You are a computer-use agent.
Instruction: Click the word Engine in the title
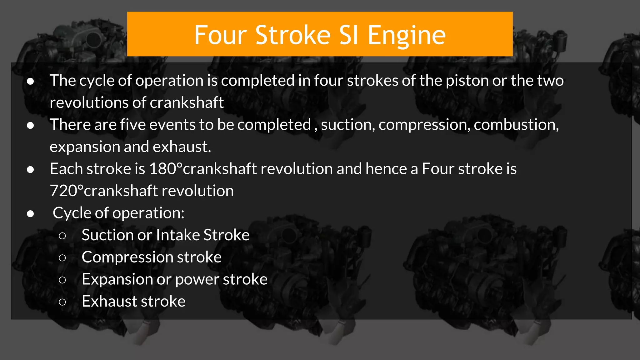pyautogui.click(x=406, y=35)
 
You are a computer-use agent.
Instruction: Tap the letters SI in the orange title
pyautogui.click(x=348, y=35)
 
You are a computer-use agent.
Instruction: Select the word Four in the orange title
pyautogui.click(x=221, y=35)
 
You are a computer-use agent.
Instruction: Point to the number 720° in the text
pyautogui.click(x=67, y=191)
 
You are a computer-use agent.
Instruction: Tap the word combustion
pyautogui.click(x=516, y=125)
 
